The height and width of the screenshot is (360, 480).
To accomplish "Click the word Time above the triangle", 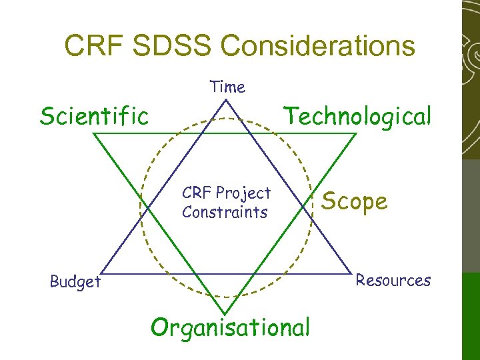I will pyautogui.click(x=227, y=87).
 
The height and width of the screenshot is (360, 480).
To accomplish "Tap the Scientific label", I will pyautogui.click(x=94, y=116).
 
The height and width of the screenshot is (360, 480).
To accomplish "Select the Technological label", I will pyautogui.click(x=358, y=116).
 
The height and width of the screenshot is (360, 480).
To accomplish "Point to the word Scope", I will pyautogui.click(x=355, y=201).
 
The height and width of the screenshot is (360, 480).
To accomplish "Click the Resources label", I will pyautogui.click(x=393, y=280).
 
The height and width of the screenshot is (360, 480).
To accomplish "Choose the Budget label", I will pyautogui.click(x=75, y=282).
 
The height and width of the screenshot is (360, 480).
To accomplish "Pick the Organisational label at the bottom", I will pyautogui.click(x=231, y=327).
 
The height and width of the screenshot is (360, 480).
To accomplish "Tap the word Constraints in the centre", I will pyautogui.click(x=225, y=213).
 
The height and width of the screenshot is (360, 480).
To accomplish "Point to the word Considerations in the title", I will pyautogui.click(x=318, y=46).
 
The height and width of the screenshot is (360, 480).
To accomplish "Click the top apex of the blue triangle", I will pyautogui.click(x=227, y=100).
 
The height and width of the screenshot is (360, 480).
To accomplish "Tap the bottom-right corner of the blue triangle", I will pyautogui.click(x=352, y=273).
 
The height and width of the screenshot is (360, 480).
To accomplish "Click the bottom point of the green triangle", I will pyautogui.click(x=227, y=313).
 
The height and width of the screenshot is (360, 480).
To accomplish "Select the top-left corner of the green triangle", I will pyautogui.click(x=93, y=133).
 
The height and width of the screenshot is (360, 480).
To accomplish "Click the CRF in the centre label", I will pyautogui.click(x=194, y=193).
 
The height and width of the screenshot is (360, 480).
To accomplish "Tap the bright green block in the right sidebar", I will pyautogui.click(x=471, y=313).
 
